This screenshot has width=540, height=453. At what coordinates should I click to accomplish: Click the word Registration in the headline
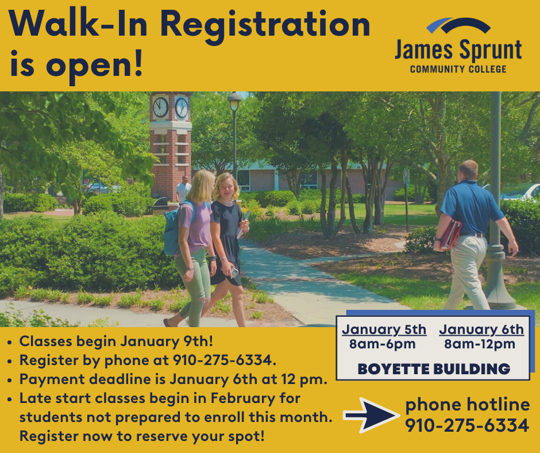pos(264,25)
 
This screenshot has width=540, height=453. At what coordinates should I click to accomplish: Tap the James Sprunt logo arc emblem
pos(458,26)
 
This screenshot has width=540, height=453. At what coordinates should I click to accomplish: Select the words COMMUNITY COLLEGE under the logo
pos(458,70)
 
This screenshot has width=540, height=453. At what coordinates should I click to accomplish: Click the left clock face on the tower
pos(160,107)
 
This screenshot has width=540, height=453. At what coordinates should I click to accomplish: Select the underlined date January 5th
pos(384,330)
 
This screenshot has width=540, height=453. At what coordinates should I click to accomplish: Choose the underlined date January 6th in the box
pos(481,330)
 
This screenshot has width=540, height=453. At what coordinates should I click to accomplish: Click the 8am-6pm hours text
pos(384,345)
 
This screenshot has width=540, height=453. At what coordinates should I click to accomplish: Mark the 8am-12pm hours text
pos(481,345)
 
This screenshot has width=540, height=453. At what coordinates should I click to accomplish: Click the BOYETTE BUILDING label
pos(434,369)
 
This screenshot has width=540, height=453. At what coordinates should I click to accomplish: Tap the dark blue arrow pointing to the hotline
pos(371,414)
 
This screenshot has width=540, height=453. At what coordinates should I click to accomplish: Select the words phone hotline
pos(467,405)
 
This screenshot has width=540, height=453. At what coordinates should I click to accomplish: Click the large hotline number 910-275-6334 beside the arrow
pos(467,426)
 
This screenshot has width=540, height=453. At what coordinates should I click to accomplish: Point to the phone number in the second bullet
pos(224,360)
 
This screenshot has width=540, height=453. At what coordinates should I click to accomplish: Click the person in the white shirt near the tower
pos(183,190)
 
